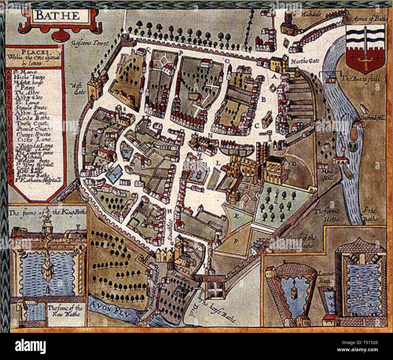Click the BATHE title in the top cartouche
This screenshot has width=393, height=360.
[57, 15]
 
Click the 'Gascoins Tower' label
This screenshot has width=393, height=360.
[90, 43]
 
